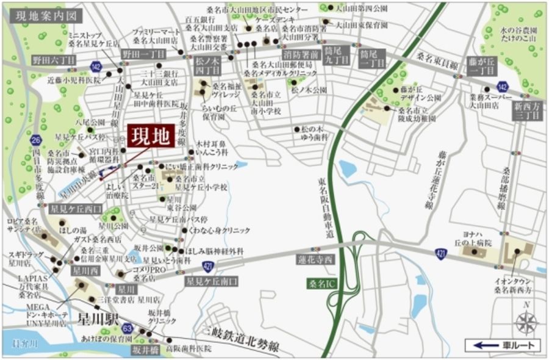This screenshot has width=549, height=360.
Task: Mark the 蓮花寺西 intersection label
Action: (316, 260)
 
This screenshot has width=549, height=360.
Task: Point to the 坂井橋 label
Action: (145, 350)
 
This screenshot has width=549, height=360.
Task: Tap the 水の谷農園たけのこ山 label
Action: (516, 33)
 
